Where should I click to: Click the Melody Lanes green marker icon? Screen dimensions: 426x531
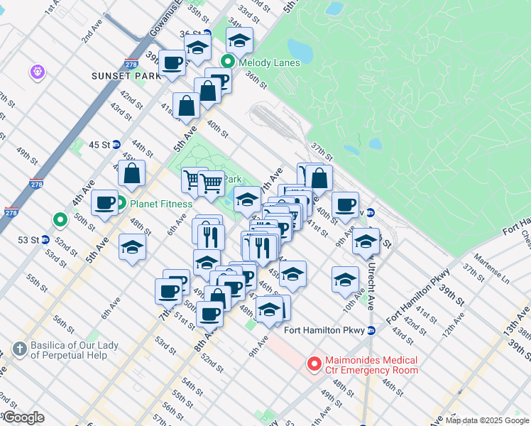tap(228, 62)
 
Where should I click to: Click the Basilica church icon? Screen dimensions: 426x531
tap(19, 349)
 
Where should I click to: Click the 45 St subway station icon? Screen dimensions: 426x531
tap(116, 145)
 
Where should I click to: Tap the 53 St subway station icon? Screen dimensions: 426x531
tap(45, 239)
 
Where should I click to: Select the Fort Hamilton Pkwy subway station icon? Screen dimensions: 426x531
tap(371, 329)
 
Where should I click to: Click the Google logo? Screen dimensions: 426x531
tap(23, 417)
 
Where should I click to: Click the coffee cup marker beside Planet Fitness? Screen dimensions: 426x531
tap(104, 203)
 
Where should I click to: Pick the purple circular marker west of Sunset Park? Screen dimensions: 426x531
tap(36, 72)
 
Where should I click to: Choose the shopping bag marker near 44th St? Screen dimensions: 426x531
tap(132, 173)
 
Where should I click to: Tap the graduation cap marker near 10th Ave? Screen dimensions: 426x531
tap(345, 278)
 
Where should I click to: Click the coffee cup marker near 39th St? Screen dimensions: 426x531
tap(173, 62)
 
